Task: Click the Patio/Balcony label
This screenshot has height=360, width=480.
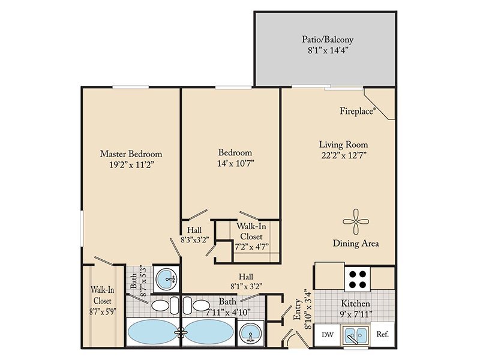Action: [x=328, y=40]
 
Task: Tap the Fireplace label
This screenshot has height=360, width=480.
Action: [x=357, y=111]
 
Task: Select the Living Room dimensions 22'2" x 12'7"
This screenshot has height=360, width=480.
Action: [x=344, y=155]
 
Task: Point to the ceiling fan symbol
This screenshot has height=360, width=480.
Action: [x=355, y=221]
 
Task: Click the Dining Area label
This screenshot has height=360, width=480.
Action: [x=356, y=244]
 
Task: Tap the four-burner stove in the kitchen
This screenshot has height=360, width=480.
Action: [x=358, y=279]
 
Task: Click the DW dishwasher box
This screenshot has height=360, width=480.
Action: [x=327, y=335]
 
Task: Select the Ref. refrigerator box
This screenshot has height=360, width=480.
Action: [x=382, y=334]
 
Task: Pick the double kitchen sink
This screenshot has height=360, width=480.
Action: [x=355, y=335]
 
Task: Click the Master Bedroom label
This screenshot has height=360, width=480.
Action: [x=131, y=154]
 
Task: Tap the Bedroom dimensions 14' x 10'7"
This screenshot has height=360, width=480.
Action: [x=236, y=163]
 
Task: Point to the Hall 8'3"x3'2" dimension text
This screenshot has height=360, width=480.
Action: [x=194, y=239]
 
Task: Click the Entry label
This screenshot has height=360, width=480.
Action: [x=297, y=309]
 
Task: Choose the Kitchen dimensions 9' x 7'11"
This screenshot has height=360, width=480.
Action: [x=355, y=314]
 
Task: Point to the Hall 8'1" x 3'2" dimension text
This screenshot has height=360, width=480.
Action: [x=246, y=287]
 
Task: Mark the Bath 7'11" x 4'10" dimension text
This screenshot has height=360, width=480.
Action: [x=228, y=312]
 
